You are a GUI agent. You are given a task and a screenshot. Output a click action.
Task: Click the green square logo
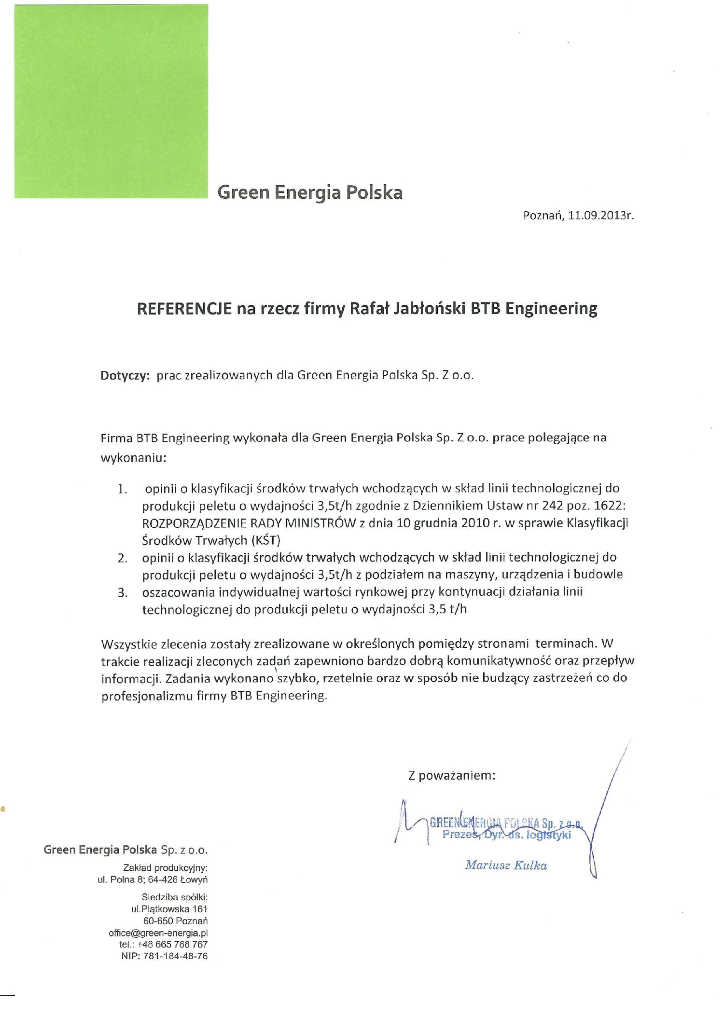111,101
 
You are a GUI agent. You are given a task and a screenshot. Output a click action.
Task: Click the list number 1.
123,489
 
